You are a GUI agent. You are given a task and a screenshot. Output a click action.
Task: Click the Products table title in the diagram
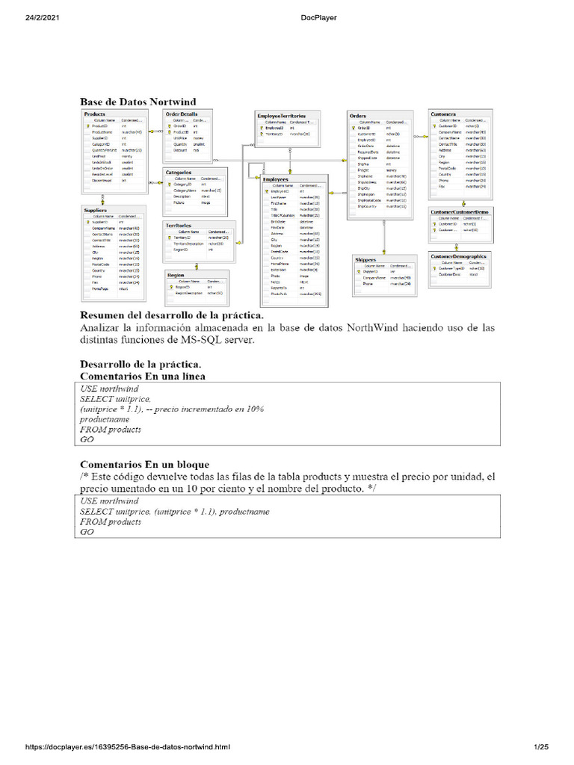click(x=95, y=113)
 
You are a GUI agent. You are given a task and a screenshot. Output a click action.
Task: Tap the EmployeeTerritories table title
click(x=282, y=117)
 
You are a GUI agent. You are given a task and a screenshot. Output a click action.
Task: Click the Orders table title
click(x=358, y=116)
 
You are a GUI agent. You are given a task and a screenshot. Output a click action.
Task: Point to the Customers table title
click(x=444, y=114)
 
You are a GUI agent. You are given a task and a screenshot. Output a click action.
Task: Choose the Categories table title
click(x=180, y=173)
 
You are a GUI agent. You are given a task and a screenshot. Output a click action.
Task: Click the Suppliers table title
click(x=96, y=211)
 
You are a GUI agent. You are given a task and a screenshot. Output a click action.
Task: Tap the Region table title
click(x=176, y=275)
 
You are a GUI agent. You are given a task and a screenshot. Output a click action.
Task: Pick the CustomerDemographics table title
click(x=458, y=256)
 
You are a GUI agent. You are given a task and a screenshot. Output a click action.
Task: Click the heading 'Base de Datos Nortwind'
click(x=138, y=100)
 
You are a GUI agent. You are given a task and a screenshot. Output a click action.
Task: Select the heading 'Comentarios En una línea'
click(x=142, y=376)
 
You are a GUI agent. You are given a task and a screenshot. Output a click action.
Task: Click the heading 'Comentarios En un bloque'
click(x=144, y=464)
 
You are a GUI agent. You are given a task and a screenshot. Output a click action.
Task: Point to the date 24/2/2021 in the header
click(x=25, y=17)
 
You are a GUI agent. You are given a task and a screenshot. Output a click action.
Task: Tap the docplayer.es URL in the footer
click(x=128, y=747)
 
